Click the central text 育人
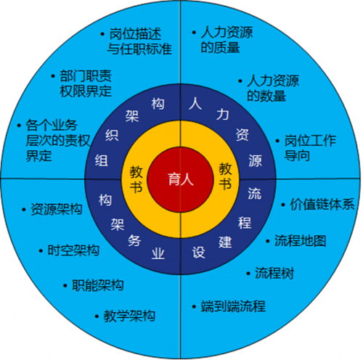181,179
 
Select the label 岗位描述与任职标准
139,41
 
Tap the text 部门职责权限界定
86,83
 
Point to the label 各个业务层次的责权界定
57,140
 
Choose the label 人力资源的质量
227,40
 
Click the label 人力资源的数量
273,88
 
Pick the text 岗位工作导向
310,148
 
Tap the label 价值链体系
322,205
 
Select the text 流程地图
301,240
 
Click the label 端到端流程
233,306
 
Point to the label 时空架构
73,250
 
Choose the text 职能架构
98,285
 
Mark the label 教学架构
129,316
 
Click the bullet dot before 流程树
248,274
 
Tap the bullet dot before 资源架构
24,210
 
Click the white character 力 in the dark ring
223,114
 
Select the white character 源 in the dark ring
255,160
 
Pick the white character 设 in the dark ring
199,253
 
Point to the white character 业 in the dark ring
158,253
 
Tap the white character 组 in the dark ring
102,160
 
